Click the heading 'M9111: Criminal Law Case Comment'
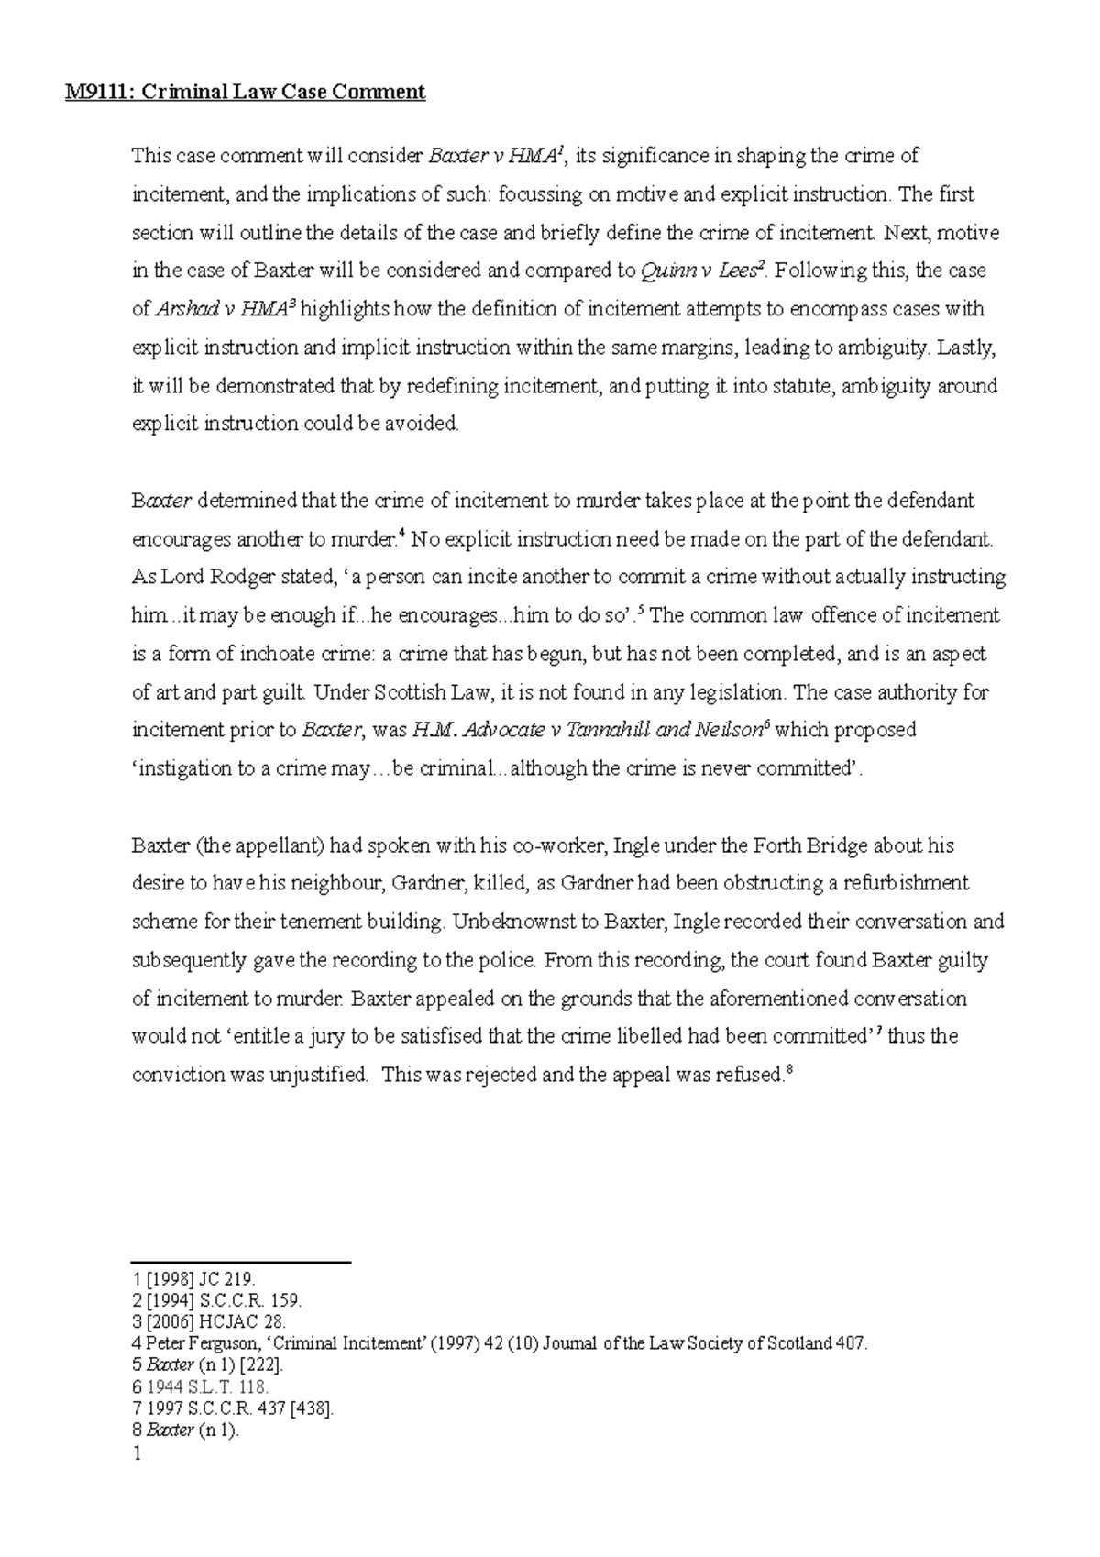tap(245, 92)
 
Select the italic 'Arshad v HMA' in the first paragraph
tap(218, 310)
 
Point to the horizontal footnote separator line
tap(242, 1263)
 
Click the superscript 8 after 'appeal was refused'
tap(788, 1069)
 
